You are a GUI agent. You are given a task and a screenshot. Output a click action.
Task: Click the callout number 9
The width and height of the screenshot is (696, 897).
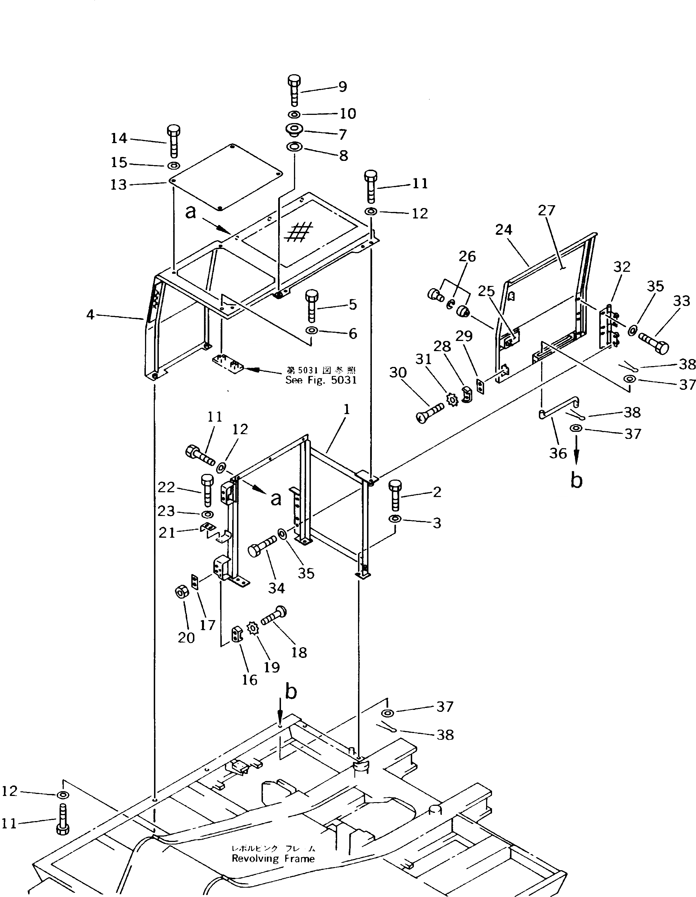click(342, 87)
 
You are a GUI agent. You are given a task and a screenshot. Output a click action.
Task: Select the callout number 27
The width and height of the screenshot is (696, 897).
click(546, 210)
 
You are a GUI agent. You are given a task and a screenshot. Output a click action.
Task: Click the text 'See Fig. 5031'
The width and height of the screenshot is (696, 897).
click(321, 380)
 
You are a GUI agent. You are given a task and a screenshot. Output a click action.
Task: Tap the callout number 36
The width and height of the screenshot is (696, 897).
click(558, 453)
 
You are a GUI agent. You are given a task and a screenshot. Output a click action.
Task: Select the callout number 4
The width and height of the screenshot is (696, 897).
click(90, 315)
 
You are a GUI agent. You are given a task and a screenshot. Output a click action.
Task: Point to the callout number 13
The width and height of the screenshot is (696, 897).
click(118, 185)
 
